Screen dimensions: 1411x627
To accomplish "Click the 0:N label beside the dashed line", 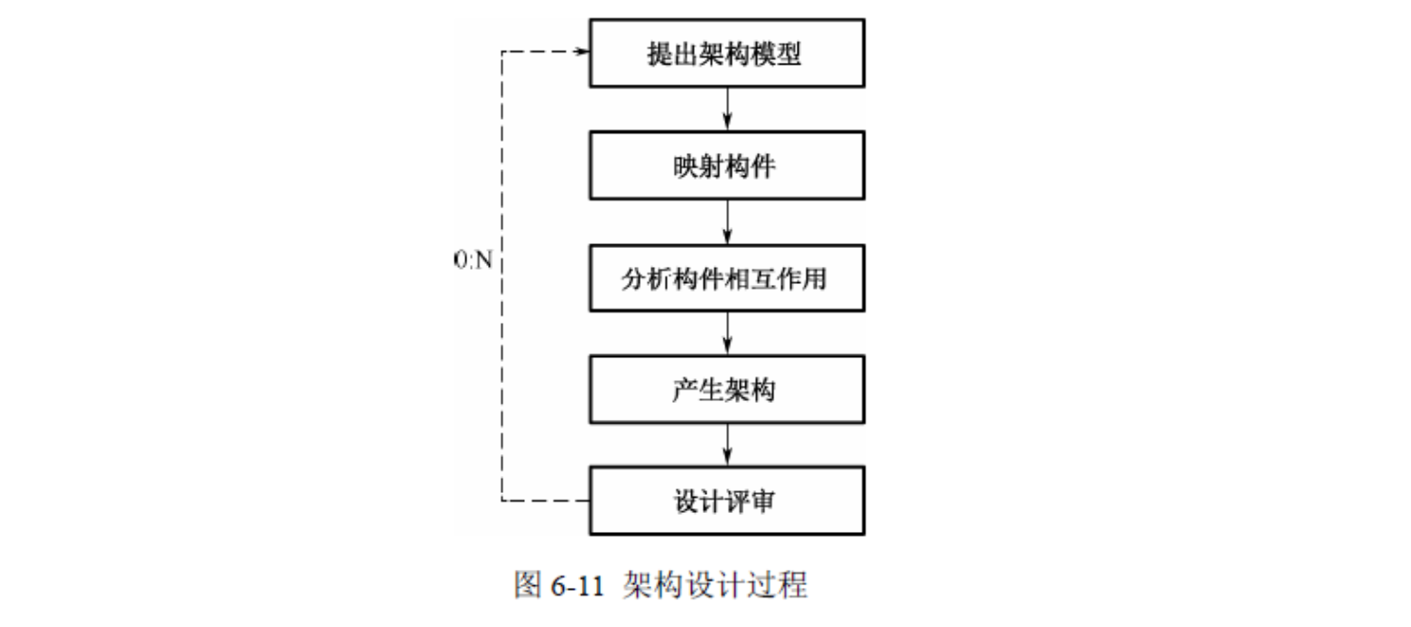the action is click(473, 259).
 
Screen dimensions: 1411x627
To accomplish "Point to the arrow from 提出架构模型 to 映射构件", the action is click(727, 109).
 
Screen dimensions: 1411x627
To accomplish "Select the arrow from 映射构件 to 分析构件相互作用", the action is click(727, 222).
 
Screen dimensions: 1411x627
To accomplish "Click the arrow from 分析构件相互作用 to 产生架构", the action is click(727, 333).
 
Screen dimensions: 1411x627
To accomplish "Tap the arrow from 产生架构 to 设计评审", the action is click(727, 445).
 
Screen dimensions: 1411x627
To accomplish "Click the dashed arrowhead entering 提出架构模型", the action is click(583, 51).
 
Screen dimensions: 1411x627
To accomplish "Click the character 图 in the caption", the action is click(528, 585).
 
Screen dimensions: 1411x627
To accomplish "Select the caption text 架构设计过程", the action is click(715, 585).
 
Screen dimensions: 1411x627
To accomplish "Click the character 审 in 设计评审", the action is click(762, 502).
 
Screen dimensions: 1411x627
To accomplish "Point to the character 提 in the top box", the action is click(660, 53).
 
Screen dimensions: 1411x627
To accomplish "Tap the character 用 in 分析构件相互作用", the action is click(815, 279).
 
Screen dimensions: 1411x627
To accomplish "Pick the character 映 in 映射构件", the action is click(686, 166).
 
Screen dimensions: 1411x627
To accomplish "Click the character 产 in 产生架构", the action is click(686, 390).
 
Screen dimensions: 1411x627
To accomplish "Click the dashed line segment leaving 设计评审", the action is click(545, 501).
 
